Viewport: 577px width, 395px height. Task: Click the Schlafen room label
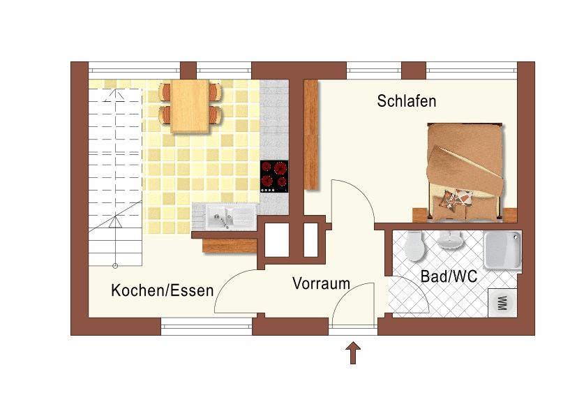(406, 101)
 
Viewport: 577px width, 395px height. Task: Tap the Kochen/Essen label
(163, 290)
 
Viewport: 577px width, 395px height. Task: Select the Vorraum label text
(321, 283)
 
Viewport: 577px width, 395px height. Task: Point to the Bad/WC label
(449, 276)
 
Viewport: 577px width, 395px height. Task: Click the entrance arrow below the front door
(353, 352)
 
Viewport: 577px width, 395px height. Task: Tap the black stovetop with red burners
(274, 177)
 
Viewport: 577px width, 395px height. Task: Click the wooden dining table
(190, 106)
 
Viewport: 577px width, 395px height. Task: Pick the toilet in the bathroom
(414, 246)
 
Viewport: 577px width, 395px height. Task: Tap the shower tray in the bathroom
(502, 251)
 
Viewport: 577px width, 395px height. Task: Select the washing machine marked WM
(502, 303)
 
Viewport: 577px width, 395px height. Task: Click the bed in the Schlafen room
(465, 173)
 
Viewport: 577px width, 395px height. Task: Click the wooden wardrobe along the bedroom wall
(311, 135)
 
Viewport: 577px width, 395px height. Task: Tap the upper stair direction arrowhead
(115, 96)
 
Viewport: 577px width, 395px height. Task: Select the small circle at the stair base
(115, 265)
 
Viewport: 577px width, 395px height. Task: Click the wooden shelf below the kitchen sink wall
(230, 246)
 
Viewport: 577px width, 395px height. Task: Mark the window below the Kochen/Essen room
(207, 327)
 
